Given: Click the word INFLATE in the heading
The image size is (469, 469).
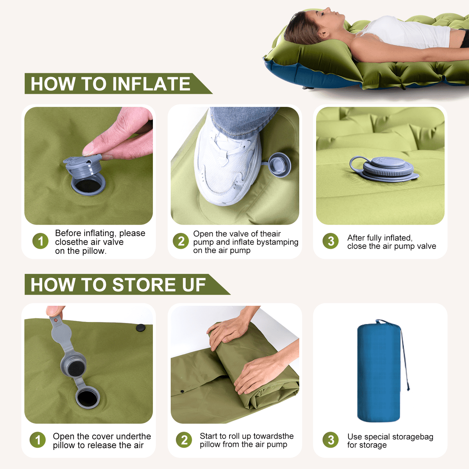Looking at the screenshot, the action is (151, 84).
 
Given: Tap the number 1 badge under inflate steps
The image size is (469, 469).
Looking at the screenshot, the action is (40, 241).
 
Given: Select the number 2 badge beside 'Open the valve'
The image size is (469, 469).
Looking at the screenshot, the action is (181, 241).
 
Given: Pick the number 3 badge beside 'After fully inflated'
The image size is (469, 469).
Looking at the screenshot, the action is (330, 241).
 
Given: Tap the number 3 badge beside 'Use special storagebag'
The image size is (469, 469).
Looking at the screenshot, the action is (330, 440).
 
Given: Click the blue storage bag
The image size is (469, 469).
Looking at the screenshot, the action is (379, 372).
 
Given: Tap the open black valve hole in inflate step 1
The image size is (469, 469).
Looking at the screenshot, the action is (88, 186).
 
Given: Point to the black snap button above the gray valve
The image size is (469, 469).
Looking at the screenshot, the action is (141, 327).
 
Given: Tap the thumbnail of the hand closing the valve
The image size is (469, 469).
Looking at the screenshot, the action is (89, 166).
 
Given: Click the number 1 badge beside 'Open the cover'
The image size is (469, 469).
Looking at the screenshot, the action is (37, 440).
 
